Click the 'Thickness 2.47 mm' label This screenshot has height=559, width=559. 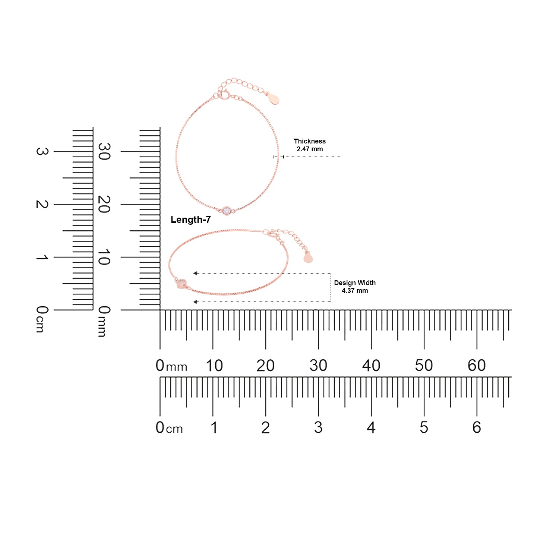coord(310,145)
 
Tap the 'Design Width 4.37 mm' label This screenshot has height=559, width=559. coord(355,287)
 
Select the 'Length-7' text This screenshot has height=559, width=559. coord(190,220)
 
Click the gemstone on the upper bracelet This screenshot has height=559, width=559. coord(227,211)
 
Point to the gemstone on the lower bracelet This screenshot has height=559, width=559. coord(181,283)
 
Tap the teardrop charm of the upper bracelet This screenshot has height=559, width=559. coord(275,99)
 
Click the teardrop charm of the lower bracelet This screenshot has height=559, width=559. coord(308,257)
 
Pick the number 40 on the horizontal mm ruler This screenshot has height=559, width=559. coord(371,366)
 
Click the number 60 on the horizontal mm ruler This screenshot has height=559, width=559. coord(477,366)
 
